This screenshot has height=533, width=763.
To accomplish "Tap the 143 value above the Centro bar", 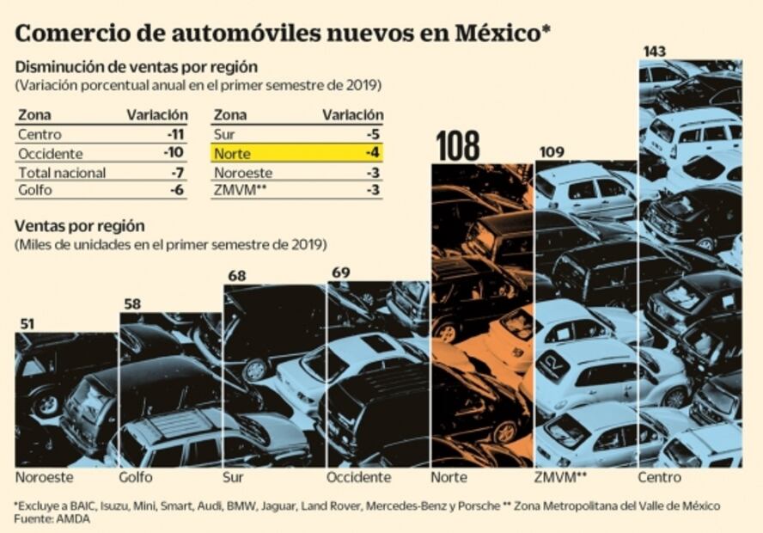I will (x=654, y=52).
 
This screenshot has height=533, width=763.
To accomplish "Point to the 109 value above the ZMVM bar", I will (x=551, y=152).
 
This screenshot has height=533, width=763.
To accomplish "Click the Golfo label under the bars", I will (x=137, y=477).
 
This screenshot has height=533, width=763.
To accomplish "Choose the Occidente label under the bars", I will (x=358, y=477).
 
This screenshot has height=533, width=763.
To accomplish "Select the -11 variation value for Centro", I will (x=178, y=135).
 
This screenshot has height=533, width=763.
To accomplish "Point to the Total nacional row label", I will (x=62, y=173).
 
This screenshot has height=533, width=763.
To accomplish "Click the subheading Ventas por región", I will (x=79, y=227).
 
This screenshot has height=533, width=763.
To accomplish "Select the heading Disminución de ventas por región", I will (x=137, y=67).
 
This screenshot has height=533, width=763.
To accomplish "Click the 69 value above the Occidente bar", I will (x=340, y=273).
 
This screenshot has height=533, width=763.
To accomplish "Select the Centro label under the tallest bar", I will (x=659, y=477).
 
